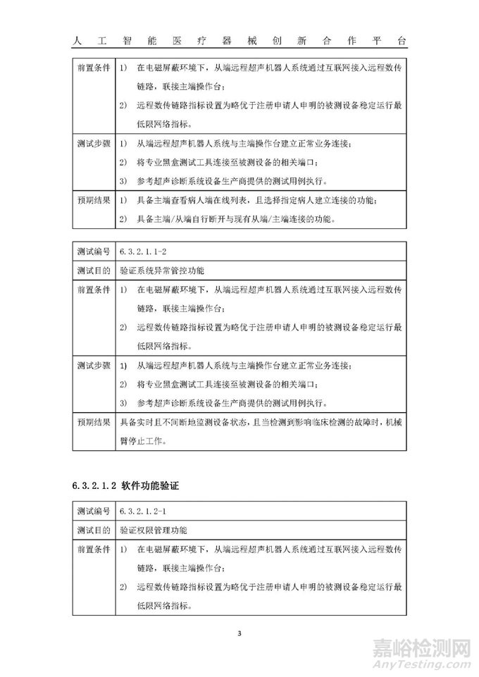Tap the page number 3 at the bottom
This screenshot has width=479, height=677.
[x=240, y=633]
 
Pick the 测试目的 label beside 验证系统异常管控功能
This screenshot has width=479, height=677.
[x=92, y=270]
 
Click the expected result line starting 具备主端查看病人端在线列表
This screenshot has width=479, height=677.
[x=256, y=201]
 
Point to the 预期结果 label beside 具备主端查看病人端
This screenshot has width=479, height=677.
[x=92, y=201]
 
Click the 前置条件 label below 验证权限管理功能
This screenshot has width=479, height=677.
[x=92, y=547]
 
